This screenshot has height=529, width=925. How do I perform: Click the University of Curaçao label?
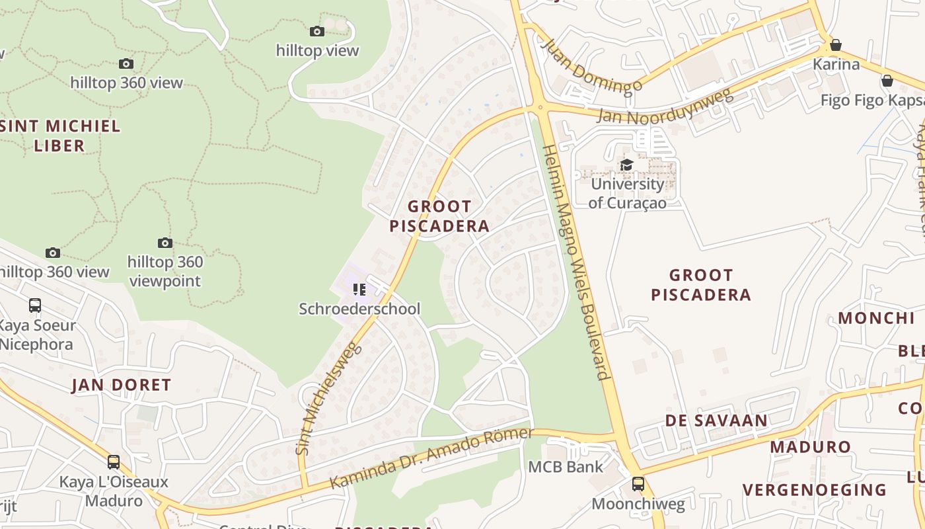627,193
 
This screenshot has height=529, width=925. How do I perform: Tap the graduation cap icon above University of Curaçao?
626,165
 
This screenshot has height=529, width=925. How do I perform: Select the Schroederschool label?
359,309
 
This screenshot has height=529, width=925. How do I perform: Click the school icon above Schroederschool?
359,290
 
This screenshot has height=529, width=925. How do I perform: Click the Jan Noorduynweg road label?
665,106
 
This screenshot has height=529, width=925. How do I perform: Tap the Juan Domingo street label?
590,66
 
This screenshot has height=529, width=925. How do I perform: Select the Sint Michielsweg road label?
330,399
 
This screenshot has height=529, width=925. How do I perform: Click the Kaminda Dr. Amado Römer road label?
431,458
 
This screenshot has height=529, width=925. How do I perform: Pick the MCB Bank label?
566,467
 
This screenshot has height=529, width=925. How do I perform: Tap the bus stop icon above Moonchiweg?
638,483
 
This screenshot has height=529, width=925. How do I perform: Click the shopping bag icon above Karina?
836,45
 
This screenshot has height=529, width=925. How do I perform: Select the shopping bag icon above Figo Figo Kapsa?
887,81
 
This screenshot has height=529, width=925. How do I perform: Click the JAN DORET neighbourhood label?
122,385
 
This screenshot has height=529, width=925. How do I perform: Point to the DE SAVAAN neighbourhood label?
716,421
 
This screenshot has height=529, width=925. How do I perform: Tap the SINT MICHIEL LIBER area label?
61,136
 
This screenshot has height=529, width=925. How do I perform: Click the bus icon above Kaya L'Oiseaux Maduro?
114,462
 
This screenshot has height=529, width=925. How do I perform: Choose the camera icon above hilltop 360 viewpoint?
165,243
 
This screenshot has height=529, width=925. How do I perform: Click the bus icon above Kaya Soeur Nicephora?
35,305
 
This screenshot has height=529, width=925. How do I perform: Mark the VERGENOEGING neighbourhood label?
814,490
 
